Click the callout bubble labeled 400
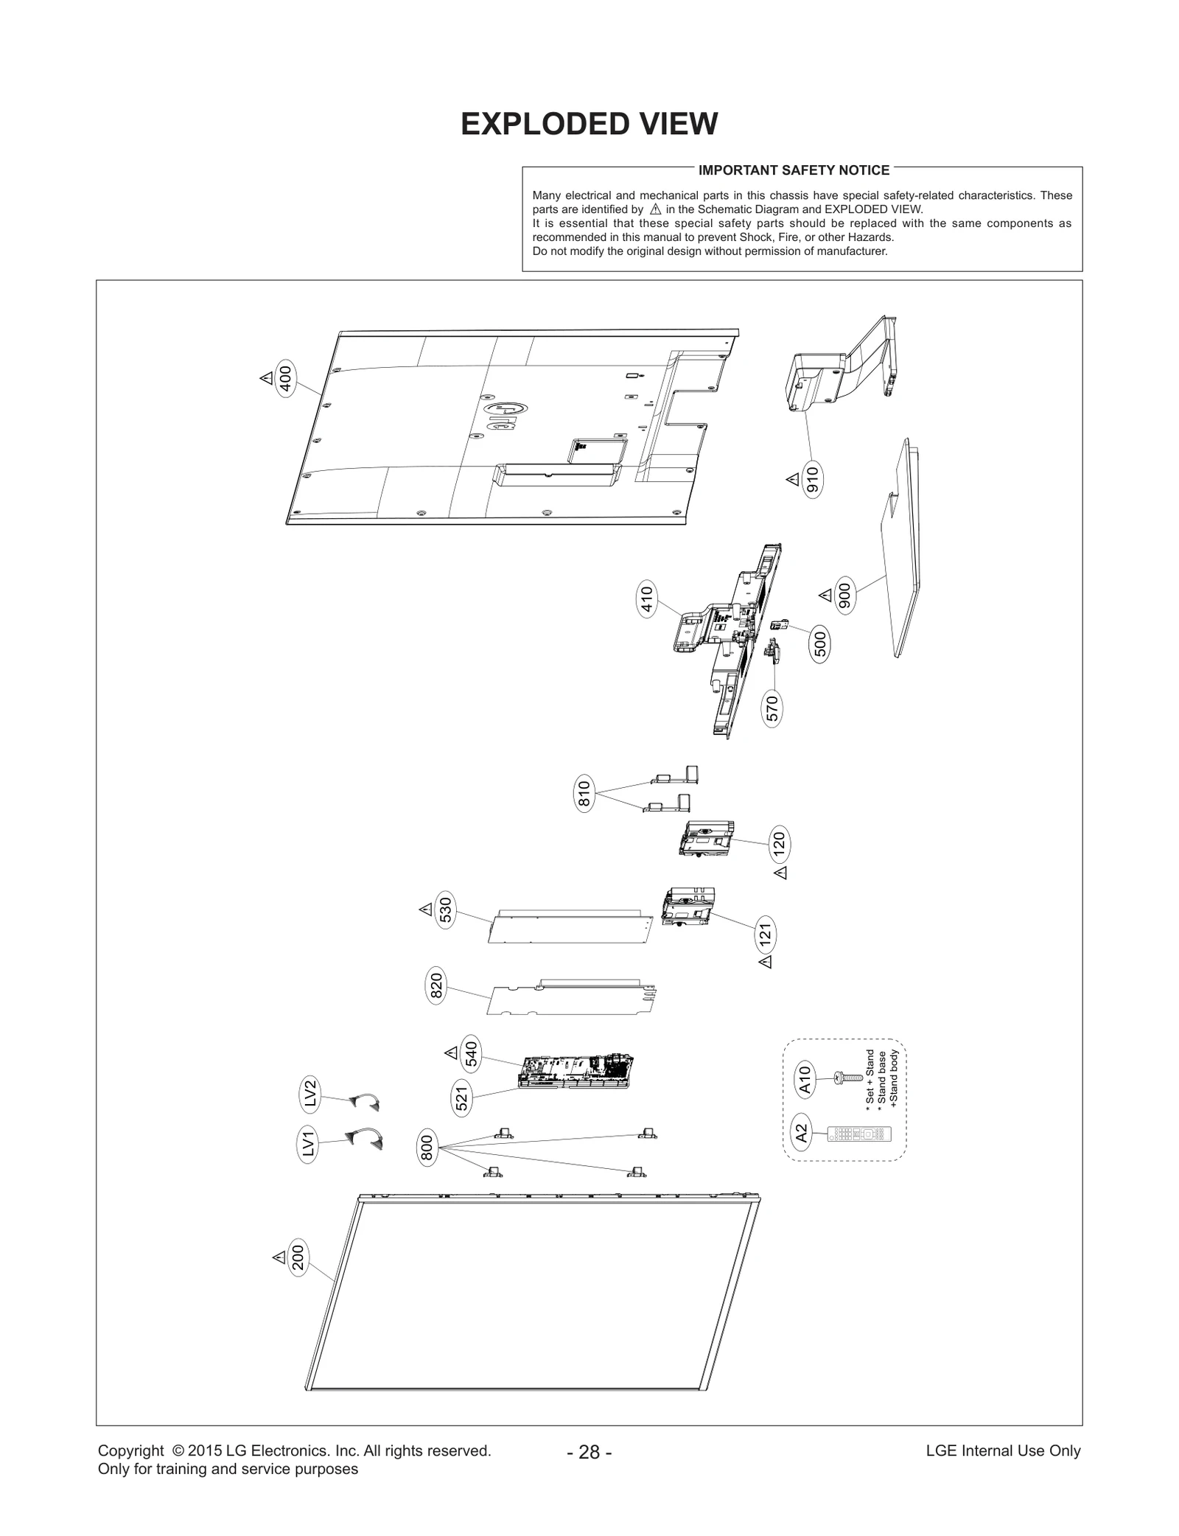[x=286, y=378]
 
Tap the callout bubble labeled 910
[x=812, y=480]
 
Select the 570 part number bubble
[x=772, y=708]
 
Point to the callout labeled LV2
[x=310, y=1093]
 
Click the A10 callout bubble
[x=805, y=1080]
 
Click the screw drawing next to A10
[x=847, y=1078]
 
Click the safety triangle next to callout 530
[x=425, y=910]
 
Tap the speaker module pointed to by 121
[x=689, y=907]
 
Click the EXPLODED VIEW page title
[x=589, y=125]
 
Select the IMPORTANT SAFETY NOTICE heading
[x=794, y=170]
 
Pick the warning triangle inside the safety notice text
[x=655, y=209]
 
